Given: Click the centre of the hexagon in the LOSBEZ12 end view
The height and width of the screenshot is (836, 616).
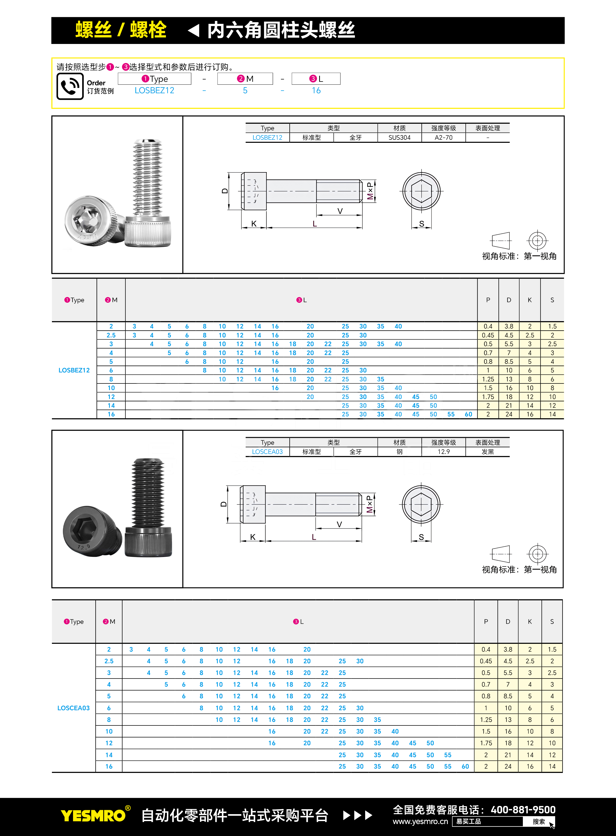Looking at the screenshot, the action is pos(421,191).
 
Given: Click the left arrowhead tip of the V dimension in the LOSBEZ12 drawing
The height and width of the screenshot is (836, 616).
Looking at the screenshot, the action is pos(317,215).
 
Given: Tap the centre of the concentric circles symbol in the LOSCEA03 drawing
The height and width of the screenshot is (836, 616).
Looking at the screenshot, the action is pos(537,554).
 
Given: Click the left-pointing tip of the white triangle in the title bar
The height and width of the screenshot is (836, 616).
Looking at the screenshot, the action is pos(188,30).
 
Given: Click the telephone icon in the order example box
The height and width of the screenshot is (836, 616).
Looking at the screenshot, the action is pos(70,86).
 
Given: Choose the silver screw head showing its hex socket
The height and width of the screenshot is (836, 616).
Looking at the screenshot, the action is pos(93,221).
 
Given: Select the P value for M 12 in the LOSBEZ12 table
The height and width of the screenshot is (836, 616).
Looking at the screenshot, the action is pos(488,397).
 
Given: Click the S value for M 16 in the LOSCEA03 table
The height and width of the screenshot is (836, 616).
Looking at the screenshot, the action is pos(552,766).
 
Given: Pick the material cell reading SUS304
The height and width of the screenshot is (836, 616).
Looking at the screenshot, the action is pos(399,137).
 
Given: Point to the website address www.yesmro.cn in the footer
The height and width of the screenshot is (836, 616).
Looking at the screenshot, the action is pos(420,821).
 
